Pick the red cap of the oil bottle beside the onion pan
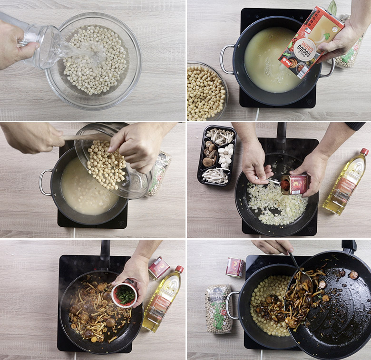[x=364, y=152]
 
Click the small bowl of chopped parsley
[x=125, y=295]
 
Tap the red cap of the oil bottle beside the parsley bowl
[x=179, y=269]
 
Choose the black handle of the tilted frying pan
[x=349, y=246]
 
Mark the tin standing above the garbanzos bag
[x=234, y=267]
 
